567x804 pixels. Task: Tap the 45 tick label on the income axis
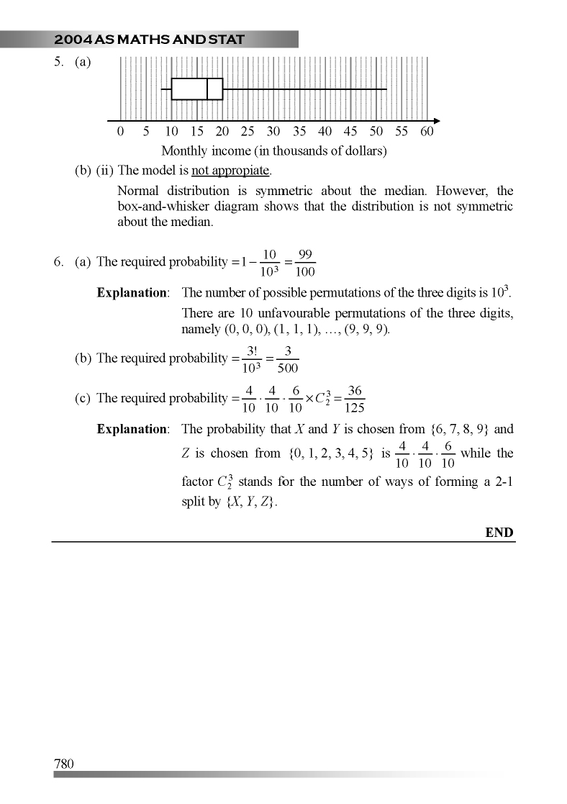(350, 132)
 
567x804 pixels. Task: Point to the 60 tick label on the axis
(427, 132)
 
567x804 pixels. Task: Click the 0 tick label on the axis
(120, 132)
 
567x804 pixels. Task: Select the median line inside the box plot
(207, 89)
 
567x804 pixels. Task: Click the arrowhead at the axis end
(436, 121)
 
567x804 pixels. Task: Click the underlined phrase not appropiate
(230, 171)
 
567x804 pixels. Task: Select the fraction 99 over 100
(304, 263)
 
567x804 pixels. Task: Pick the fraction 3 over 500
(288, 358)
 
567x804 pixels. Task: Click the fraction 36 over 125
(354, 399)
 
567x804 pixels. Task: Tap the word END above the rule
(499, 533)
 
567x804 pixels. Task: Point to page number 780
(64, 764)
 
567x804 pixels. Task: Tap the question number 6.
(58, 262)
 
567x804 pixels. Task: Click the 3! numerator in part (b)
(253, 351)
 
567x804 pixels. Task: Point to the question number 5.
(58, 62)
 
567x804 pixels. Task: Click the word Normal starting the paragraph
(138, 191)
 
